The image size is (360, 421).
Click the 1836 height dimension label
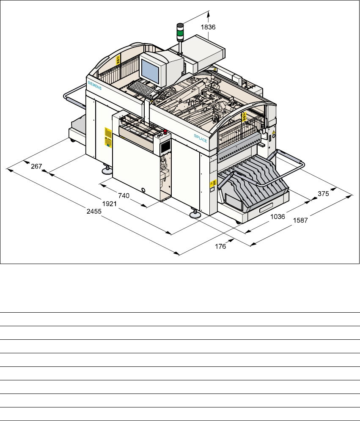(x=208, y=27)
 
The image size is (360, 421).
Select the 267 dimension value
(x=36, y=166)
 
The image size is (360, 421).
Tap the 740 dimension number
(x=124, y=196)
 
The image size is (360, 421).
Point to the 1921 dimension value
(x=110, y=204)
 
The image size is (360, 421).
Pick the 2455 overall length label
(x=94, y=212)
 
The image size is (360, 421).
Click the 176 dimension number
(x=220, y=247)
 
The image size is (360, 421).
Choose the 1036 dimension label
(x=278, y=216)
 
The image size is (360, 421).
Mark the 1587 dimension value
(x=300, y=220)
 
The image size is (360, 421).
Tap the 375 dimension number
(x=323, y=194)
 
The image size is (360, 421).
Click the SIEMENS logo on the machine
(x=94, y=85)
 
